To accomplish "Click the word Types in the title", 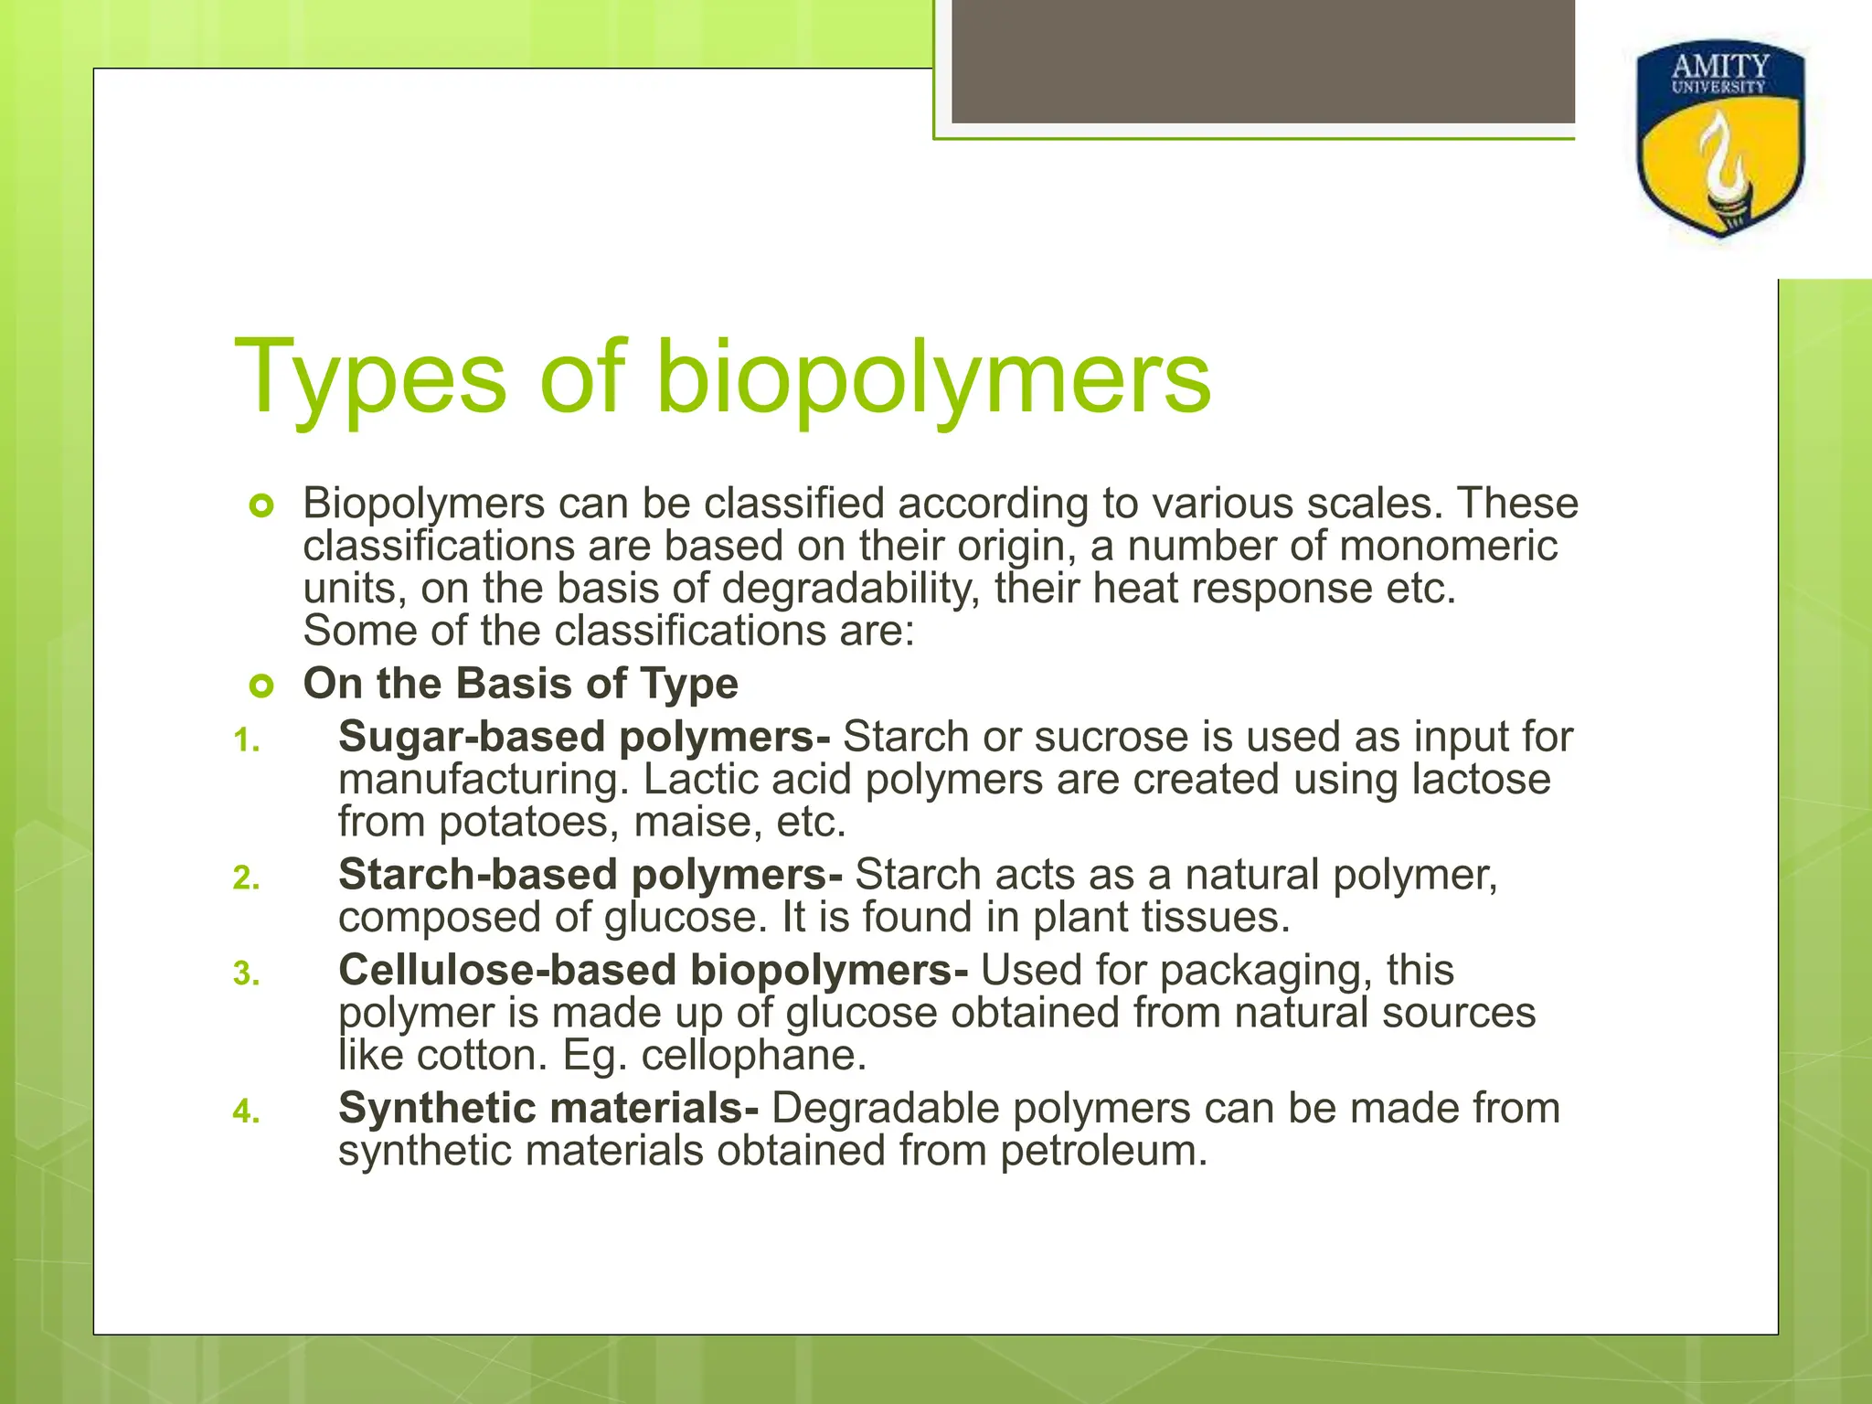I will click(370, 378).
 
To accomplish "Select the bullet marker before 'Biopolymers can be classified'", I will click(261, 505).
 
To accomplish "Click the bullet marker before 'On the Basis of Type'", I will click(261, 686).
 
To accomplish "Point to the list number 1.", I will click(246, 740).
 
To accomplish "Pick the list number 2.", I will click(246, 878).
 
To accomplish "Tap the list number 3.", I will click(246, 974).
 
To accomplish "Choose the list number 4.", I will click(246, 1111).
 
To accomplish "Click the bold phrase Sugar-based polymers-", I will click(584, 737).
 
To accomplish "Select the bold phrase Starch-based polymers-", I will click(590, 875).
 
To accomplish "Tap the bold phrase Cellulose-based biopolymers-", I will click(653, 971).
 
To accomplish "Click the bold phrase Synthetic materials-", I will click(548, 1108).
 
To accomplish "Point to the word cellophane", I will click(752, 1056).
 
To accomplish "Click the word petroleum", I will click(1103, 1151).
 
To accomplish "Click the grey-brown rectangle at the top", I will click(1262, 60).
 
